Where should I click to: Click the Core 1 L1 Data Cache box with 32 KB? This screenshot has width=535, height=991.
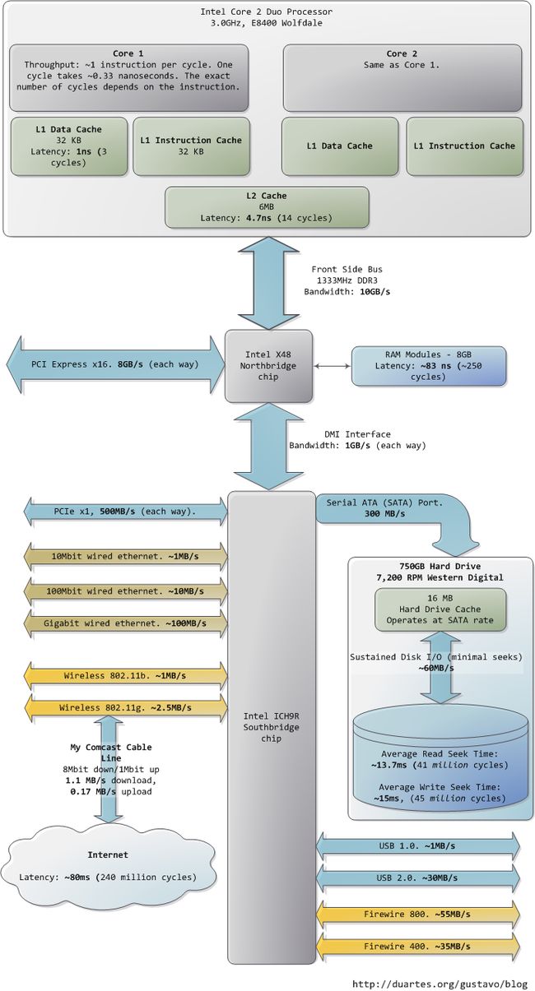(69, 146)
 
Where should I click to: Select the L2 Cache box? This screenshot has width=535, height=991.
(267, 207)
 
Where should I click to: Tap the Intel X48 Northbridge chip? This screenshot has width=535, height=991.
(268, 366)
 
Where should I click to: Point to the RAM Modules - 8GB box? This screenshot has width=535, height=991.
(428, 366)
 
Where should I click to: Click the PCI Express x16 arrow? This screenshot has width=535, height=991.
(115, 364)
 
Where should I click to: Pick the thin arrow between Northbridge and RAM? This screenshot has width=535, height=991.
(333, 366)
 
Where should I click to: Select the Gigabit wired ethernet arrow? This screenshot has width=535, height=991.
(125, 623)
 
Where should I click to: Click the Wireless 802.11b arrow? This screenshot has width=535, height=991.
(125, 675)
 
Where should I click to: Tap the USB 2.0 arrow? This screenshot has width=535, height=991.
(417, 878)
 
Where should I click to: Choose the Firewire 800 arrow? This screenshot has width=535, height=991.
(417, 914)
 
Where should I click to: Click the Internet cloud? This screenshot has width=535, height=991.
(108, 866)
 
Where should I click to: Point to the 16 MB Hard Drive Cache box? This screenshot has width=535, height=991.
(440, 609)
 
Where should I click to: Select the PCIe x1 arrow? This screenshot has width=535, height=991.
(125, 512)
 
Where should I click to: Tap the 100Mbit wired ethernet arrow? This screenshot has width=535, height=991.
(125, 591)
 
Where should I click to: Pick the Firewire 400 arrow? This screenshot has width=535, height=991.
(417, 947)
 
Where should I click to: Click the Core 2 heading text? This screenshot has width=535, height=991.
(402, 53)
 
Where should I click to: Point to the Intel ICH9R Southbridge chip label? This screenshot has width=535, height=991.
(271, 727)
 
